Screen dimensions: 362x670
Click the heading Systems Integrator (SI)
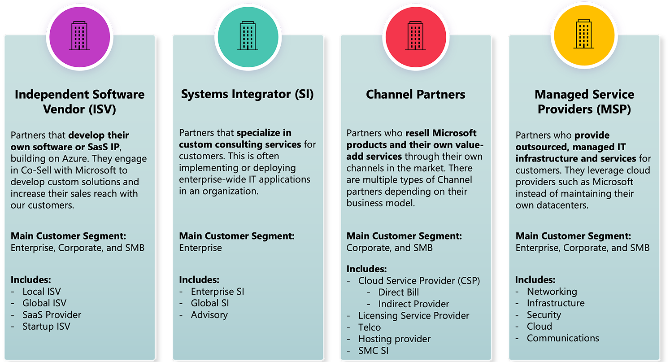[248, 94]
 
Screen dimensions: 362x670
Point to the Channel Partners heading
[416, 95]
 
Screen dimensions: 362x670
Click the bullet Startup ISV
[46, 327]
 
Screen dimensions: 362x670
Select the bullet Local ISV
[42, 292]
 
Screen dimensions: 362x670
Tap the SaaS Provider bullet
[52, 315]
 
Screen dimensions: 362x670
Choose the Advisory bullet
[209, 315]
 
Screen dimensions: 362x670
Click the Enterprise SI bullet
[218, 292]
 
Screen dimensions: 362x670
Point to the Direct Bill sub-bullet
[399, 292]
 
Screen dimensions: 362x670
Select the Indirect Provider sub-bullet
[413, 304]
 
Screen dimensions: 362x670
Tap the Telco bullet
[370, 327]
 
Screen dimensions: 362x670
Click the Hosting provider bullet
[394, 339]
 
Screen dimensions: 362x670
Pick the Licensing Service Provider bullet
[413, 316]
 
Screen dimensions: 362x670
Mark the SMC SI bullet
[374, 351]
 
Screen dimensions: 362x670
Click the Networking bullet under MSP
[552, 292]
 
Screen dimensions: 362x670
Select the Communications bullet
[563, 338]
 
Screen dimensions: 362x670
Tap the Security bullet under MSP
[544, 315]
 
